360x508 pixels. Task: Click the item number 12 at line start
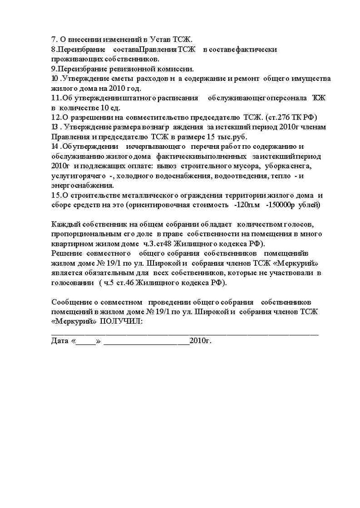click(x=56, y=117)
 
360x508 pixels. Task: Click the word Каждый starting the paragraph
click(x=64, y=224)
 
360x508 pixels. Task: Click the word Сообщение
click(x=73, y=302)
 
